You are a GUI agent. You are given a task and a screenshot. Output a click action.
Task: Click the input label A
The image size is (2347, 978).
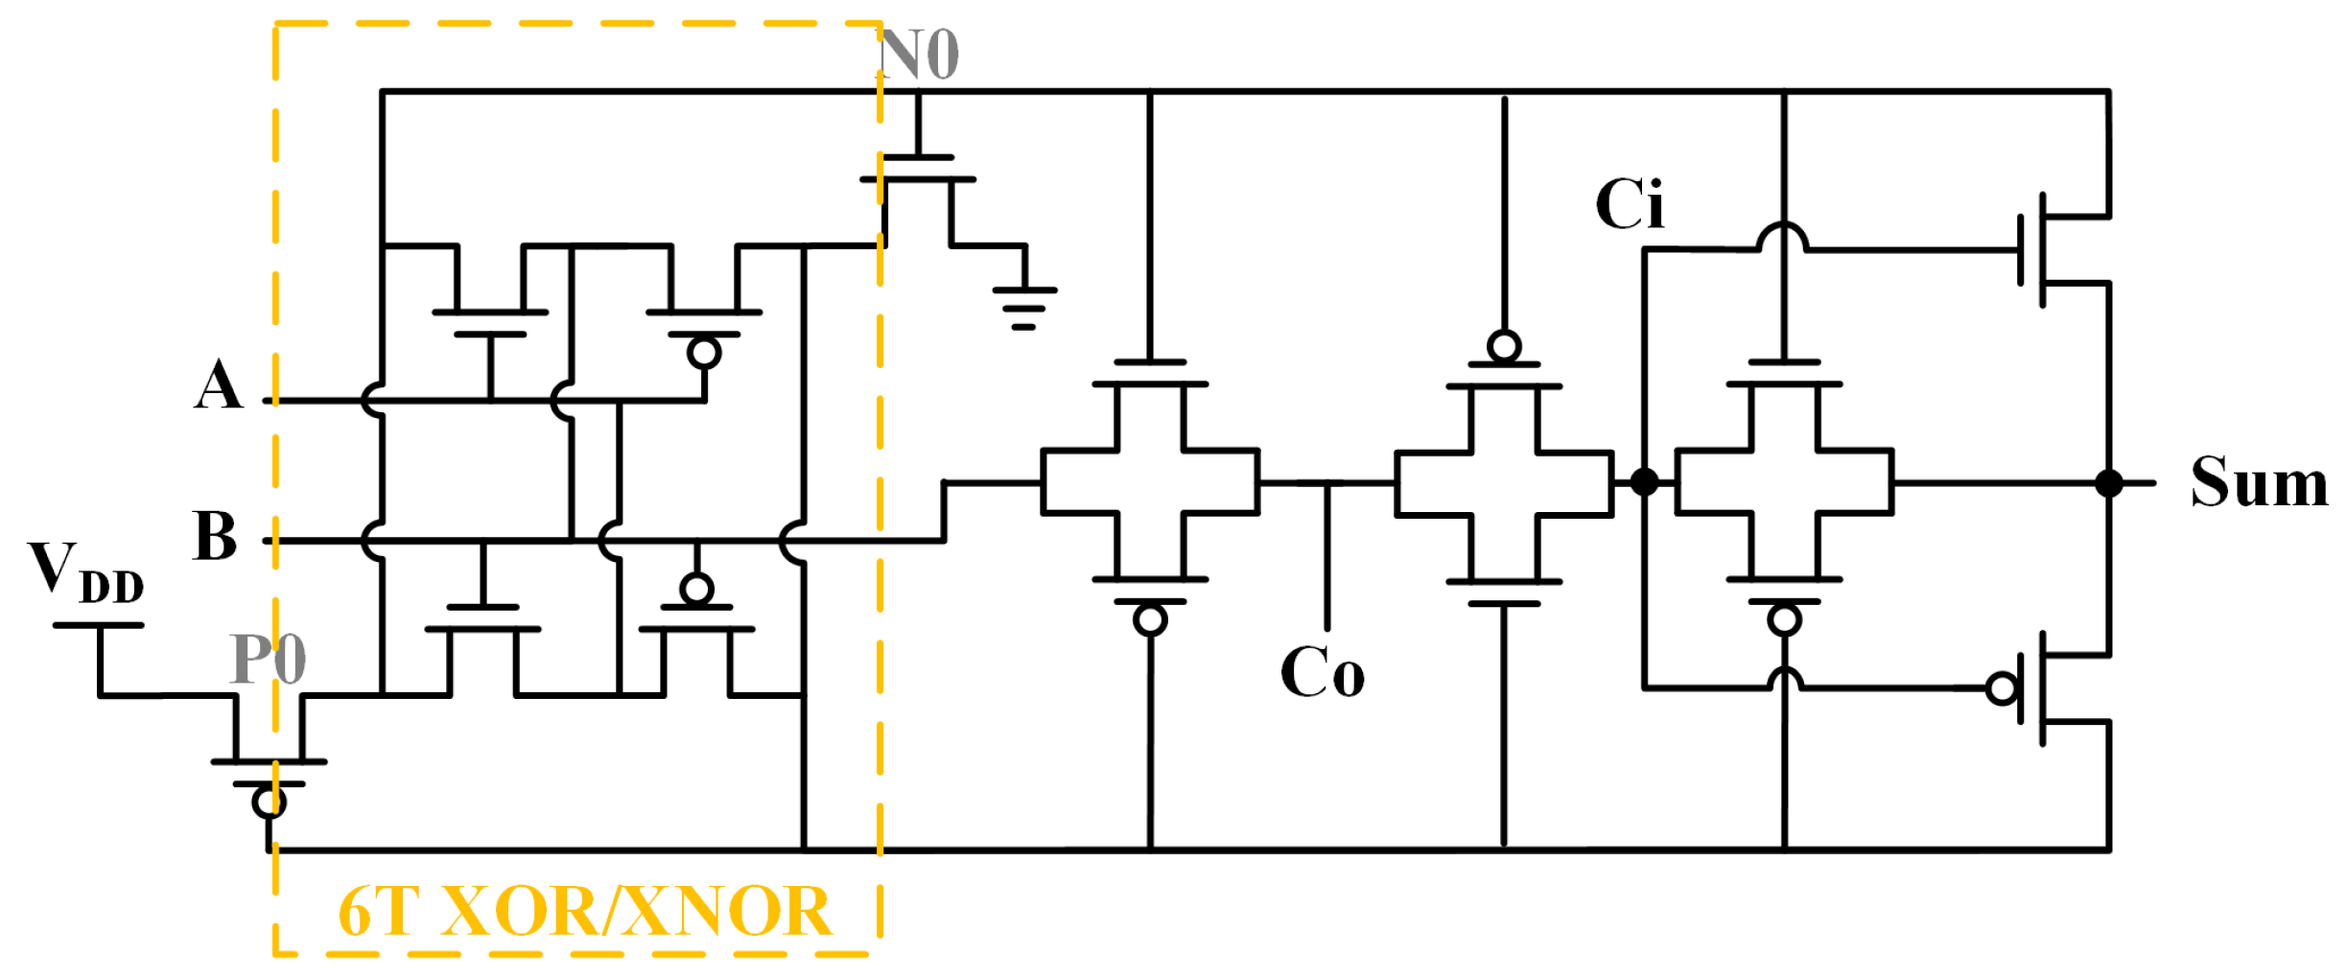pos(219,385)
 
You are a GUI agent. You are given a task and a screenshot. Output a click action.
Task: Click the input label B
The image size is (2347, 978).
pos(215,536)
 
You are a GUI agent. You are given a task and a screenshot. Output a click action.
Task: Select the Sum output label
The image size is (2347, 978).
pos(2258,482)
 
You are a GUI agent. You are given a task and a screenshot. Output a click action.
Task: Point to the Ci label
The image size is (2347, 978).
pos(1629,204)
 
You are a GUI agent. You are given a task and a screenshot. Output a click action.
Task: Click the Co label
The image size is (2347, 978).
pos(1322,672)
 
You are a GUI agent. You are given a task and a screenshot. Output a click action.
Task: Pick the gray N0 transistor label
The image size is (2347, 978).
pos(919,55)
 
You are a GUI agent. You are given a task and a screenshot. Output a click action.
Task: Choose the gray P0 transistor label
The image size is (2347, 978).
pos(269,659)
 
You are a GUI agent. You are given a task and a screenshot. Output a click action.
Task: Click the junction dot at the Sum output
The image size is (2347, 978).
pos(2108,483)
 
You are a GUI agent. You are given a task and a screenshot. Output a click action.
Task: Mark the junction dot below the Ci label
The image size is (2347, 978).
pos(1644,481)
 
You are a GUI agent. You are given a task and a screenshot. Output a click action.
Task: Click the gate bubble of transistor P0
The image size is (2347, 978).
pos(269,802)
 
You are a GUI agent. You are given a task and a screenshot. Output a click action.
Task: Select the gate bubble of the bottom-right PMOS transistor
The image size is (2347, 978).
pos(2003,688)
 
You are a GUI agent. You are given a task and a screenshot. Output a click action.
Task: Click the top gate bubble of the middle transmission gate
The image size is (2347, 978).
pos(1503,346)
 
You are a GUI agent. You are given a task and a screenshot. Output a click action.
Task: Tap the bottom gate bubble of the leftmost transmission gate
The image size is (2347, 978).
pos(1149,620)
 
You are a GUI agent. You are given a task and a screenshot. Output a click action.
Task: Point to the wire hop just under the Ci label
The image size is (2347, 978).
pos(1782,237)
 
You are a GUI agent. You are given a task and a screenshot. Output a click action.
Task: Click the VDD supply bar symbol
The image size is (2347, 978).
pos(98,625)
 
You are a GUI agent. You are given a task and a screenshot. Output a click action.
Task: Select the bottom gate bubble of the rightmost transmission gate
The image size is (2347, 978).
pos(1783,620)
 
